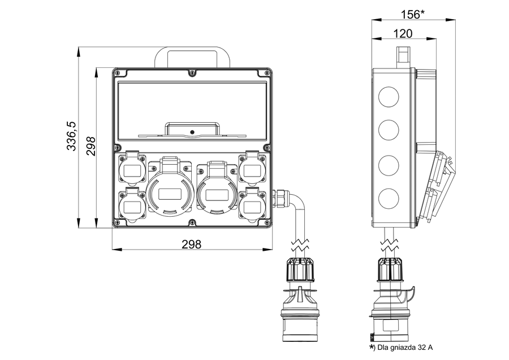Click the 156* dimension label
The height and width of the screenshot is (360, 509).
click(413, 14)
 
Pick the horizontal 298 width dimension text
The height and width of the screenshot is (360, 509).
click(191, 244)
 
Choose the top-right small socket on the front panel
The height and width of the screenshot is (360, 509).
click(252, 168)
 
